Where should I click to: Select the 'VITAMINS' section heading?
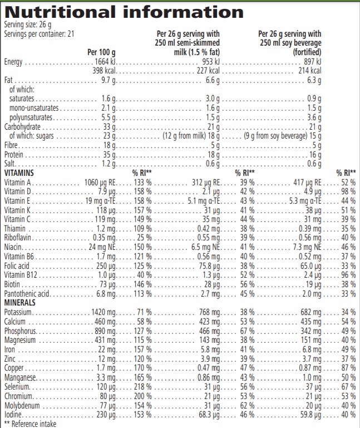[20, 173]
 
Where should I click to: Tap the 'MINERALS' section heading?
[20, 302]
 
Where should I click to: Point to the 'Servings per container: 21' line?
[39, 33]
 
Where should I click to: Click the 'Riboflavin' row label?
[17, 237]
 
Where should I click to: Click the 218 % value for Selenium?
[141, 386]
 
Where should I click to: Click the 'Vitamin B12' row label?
[19, 274]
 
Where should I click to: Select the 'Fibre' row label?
[12, 145]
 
